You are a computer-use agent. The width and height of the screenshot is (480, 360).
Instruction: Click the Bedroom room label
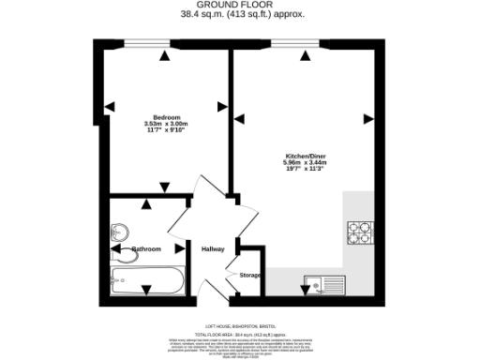(x=166, y=117)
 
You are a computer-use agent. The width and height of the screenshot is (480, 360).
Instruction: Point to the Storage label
(x=249, y=275)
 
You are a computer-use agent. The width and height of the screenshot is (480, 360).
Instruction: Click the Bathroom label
(x=146, y=248)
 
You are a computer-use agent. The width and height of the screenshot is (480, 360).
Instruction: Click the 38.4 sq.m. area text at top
(x=240, y=15)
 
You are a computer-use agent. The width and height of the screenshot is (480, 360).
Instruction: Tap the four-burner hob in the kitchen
(x=360, y=232)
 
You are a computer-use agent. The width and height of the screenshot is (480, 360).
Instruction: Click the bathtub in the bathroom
(x=148, y=279)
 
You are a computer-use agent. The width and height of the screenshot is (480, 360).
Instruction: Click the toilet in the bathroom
(x=122, y=253)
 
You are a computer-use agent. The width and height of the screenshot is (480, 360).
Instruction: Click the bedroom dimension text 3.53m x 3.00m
(x=166, y=124)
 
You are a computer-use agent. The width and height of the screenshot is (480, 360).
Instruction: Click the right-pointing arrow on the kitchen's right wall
(x=367, y=118)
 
